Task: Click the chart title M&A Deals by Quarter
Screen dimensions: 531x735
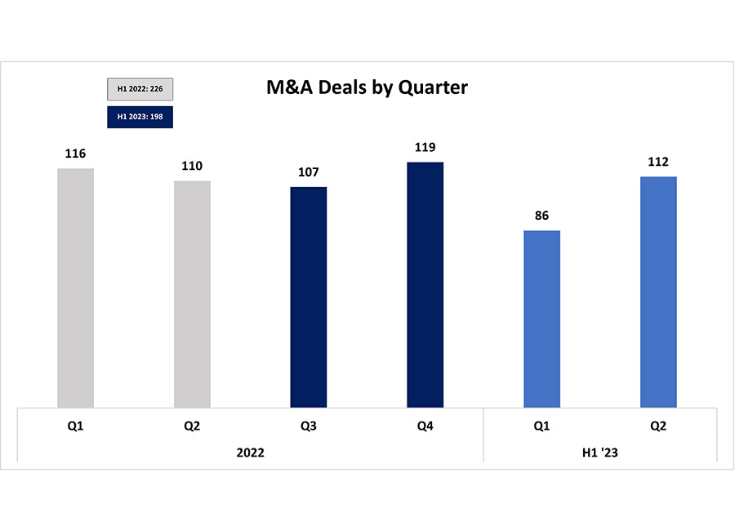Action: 367,87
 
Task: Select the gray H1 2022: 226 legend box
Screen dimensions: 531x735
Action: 140,88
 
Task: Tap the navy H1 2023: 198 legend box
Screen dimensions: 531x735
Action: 140,117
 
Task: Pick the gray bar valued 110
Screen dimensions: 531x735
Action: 192,293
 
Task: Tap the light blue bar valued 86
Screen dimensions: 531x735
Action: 541,319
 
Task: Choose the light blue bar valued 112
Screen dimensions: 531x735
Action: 658,292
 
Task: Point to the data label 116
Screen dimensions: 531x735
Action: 76,154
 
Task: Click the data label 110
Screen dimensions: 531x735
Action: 192,166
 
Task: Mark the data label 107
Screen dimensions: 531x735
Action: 309,172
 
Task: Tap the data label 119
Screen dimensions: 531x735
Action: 425,147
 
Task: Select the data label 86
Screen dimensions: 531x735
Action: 541,216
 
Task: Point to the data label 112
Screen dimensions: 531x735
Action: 658,161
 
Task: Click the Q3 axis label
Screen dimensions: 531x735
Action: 309,426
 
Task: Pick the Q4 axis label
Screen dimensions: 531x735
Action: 425,426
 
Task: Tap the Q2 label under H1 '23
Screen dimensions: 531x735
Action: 658,426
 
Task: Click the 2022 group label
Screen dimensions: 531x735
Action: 251,452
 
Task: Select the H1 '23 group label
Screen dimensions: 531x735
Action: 600,452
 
